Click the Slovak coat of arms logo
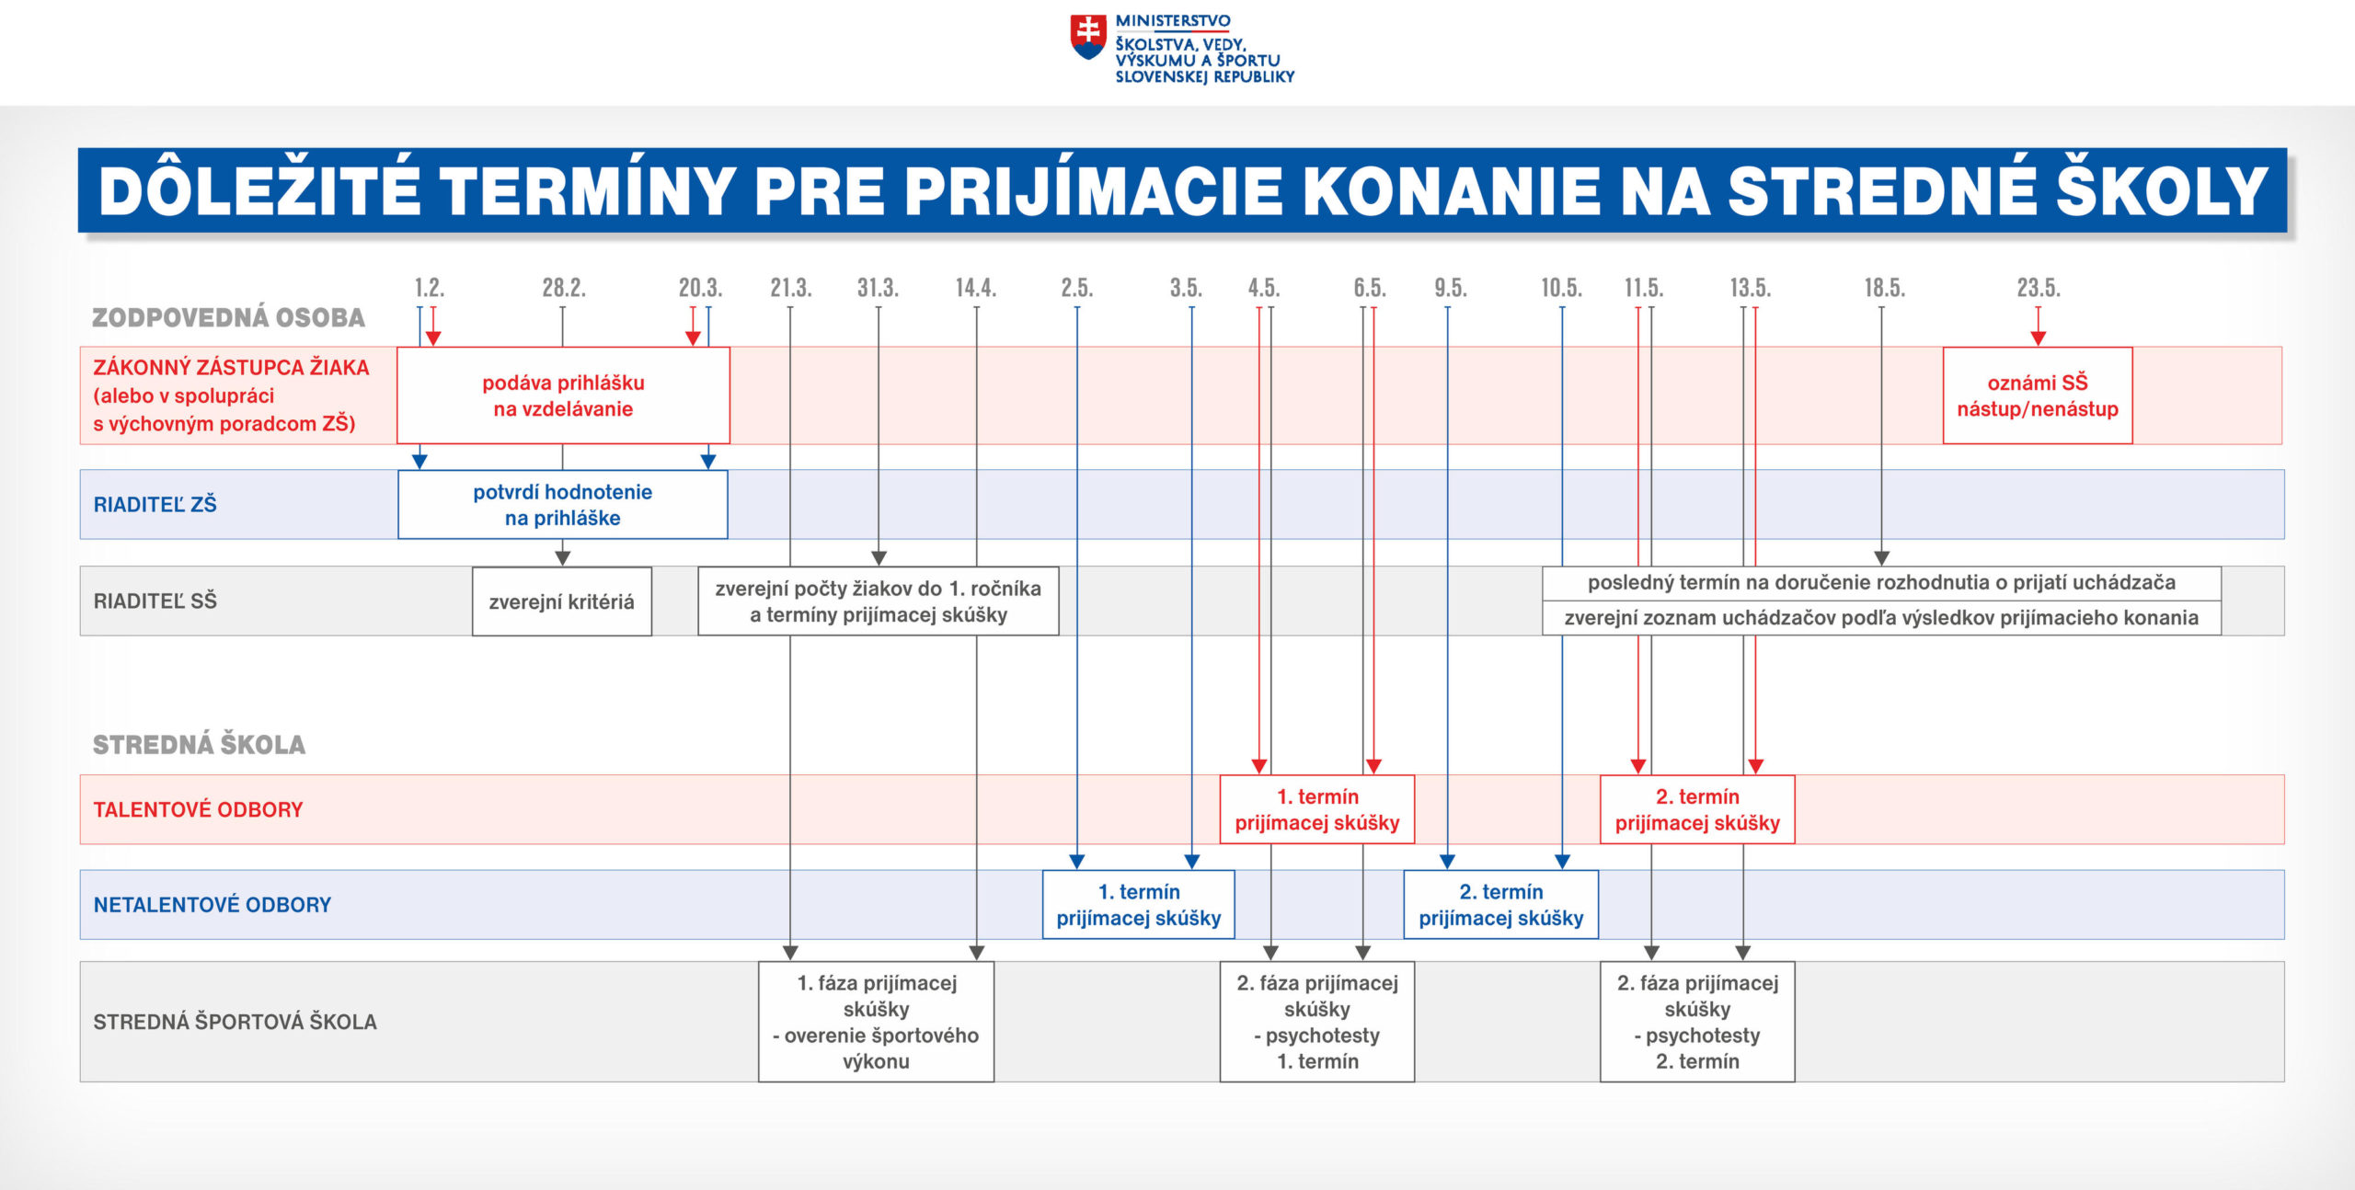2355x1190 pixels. pyautogui.click(x=1088, y=38)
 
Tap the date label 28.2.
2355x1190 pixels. pyautogui.click(x=564, y=288)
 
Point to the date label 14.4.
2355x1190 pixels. pyautogui.click(x=976, y=288)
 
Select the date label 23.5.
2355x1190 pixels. pyautogui.click(x=2039, y=288)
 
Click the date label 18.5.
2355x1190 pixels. pyautogui.click(x=1884, y=288)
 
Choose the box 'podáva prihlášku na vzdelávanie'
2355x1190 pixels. pyautogui.click(x=563, y=395)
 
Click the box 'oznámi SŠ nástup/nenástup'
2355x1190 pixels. pyautogui.click(x=2038, y=395)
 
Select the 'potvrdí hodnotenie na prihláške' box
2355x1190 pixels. pyautogui.click(x=563, y=504)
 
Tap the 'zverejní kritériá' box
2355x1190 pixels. pyautogui.click(x=562, y=601)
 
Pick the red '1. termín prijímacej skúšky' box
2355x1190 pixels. pyautogui.click(x=1317, y=809)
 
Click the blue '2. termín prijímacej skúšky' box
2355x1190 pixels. pyautogui.click(x=1501, y=905)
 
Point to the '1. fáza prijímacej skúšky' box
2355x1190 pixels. pyautogui.click(x=877, y=1022)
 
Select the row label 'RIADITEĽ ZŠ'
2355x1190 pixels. pyautogui.click(x=155, y=504)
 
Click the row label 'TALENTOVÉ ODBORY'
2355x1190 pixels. pyautogui.click(x=198, y=809)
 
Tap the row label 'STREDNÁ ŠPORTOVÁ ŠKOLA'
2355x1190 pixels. pyautogui.click(x=235, y=1022)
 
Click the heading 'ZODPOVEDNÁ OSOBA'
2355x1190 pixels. pyautogui.click(x=228, y=317)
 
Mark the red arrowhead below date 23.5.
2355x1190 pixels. pyautogui.click(x=2039, y=338)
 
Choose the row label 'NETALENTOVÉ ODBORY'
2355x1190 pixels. pyautogui.click(x=213, y=905)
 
